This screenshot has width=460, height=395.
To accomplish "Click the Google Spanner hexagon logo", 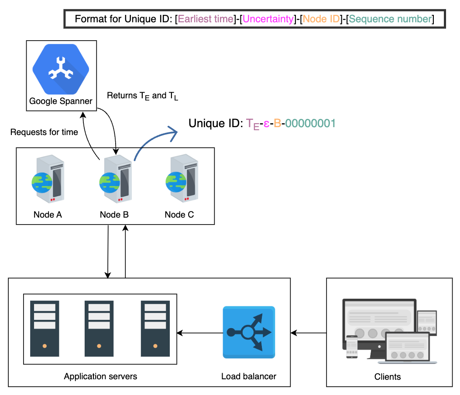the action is (61, 69).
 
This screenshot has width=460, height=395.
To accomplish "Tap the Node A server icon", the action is (48, 179).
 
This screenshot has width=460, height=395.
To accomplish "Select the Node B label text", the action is (114, 215).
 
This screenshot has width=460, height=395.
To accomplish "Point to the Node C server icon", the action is (182, 178).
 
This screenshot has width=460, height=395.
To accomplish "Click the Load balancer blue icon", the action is (249, 332).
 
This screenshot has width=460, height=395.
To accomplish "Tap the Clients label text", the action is (387, 377).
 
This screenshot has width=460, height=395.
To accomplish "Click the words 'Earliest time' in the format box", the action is (206, 19).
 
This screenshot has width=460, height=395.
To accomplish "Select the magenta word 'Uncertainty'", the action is (268, 19).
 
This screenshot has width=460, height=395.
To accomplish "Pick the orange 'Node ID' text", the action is (321, 19).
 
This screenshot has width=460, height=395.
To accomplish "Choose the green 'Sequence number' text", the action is (390, 19).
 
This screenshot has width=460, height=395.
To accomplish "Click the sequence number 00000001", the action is (310, 123).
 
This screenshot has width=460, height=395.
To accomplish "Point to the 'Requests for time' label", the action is (44, 132).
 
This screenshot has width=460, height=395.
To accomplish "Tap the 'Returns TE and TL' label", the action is (142, 96).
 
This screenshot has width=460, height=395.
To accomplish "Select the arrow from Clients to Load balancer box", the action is (308, 333).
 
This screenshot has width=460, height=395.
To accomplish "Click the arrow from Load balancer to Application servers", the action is (200, 333).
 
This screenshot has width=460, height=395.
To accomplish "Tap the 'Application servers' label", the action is (100, 376).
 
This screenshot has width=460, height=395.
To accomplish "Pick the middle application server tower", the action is (99, 328).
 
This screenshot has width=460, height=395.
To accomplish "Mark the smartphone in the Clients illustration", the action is (352, 347).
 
